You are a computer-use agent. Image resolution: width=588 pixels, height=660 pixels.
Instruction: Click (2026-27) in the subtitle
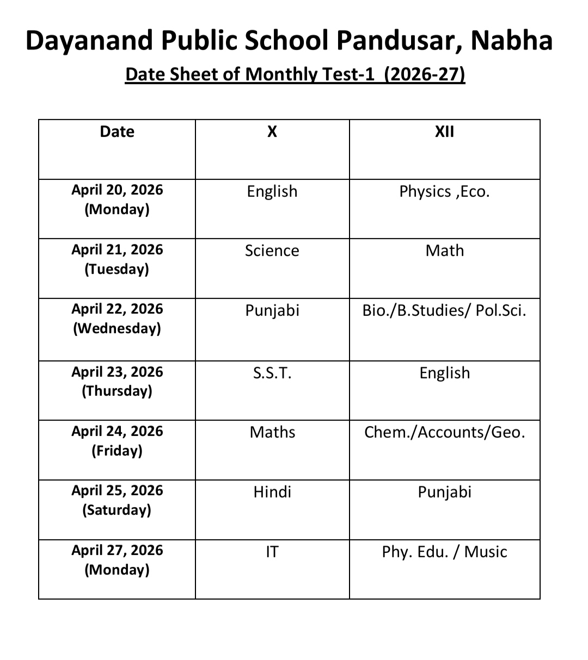[424, 74]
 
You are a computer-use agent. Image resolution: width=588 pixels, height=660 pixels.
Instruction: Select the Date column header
[117, 132]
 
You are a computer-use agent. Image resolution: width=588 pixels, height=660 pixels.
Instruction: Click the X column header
[272, 132]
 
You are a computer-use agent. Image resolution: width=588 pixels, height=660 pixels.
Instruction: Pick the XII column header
[444, 132]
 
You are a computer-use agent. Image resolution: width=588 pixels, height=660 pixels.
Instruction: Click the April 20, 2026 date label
[117, 190]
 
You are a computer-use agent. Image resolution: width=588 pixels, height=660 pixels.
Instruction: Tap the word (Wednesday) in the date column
[117, 328]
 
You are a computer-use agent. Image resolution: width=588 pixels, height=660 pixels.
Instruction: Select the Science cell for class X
[272, 251]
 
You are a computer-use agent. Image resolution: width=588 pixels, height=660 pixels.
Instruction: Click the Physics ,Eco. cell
[444, 191]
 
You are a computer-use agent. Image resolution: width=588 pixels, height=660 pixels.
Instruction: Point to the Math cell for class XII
[444, 251]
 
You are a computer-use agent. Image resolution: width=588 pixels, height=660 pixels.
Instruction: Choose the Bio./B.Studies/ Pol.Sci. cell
[444, 310]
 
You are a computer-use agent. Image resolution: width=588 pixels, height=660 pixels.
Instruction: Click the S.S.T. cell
[272, 373]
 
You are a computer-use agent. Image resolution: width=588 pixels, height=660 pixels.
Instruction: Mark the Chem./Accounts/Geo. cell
[444, 432]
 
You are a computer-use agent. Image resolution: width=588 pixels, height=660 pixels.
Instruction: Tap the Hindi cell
[272, 492]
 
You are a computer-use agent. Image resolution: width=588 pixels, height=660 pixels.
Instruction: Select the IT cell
[272, 552]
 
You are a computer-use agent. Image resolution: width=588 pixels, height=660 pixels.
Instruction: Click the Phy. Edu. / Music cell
[444, 552]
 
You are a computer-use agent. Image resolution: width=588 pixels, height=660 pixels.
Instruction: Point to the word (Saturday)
[117, 510]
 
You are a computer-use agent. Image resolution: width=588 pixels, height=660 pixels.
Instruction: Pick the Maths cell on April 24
[272, 432]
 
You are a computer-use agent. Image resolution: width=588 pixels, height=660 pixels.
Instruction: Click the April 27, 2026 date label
[117, 550]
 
